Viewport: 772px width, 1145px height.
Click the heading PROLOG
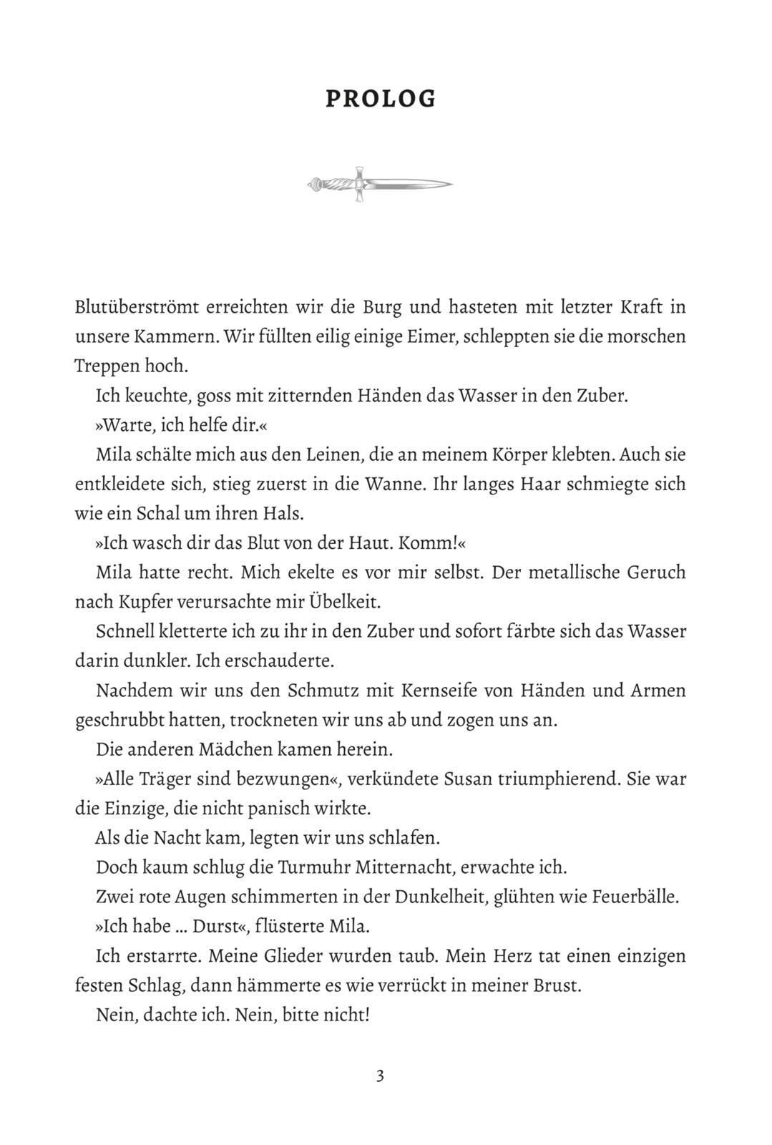click(381, 99)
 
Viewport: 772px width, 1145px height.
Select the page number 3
click(380, 1076)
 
